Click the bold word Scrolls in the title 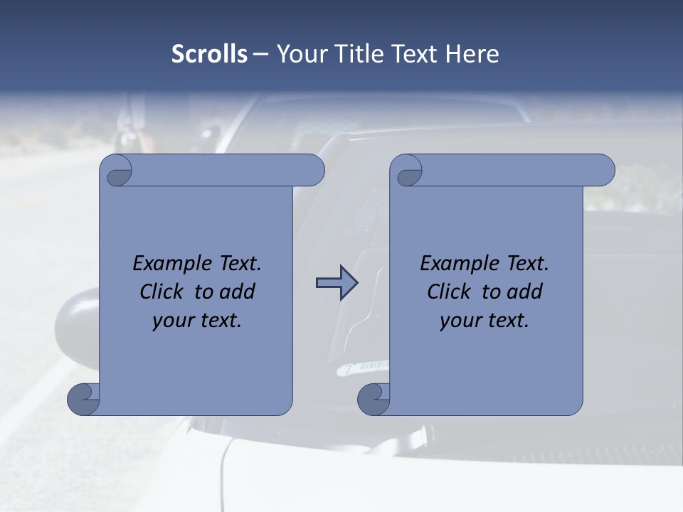[x=209, y=54]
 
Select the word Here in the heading [x=472, y=54]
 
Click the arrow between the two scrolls [x=337, y=283]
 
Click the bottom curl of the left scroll [x=83, y=399]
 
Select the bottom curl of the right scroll [x=373, y=399]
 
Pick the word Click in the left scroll [x=161, y=292]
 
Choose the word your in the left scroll [x=173, y=321]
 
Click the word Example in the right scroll [x=455, y=264]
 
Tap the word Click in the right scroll [x=448, y=292]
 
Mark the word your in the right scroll [x=460, y=321]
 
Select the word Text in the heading [x=414, y=54]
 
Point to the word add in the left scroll [x=237, y=292]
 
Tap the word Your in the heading [x=300, y=54]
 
